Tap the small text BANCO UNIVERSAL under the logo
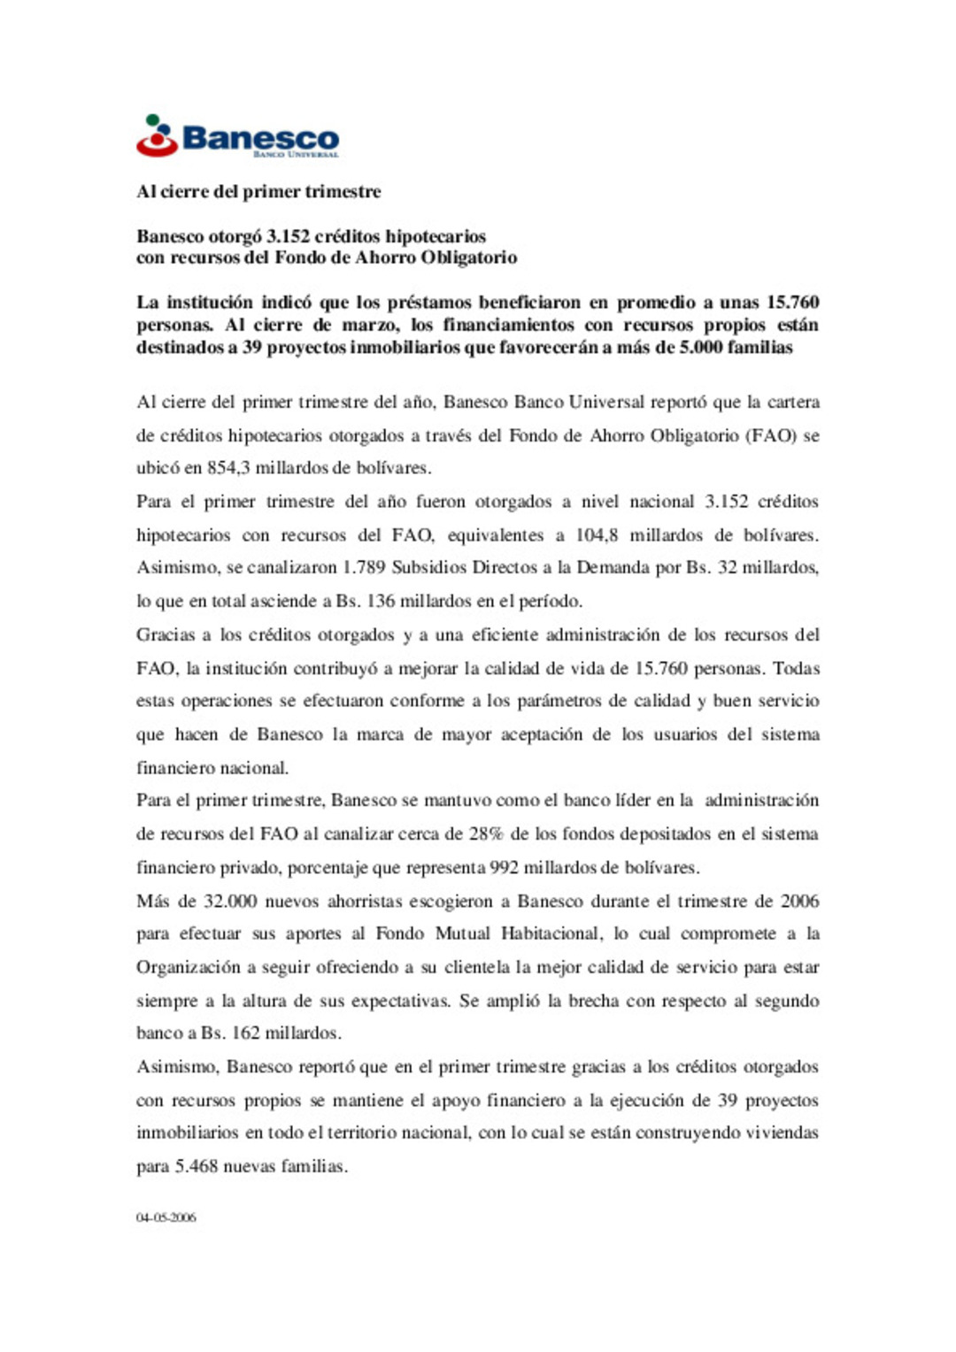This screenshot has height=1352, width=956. [296, 155]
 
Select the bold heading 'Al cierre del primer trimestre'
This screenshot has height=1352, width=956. [258, 191]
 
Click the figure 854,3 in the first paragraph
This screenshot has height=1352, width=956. [228, 468]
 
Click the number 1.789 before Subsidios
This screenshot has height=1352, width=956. [364, 567]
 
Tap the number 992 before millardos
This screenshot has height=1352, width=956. [504, 868]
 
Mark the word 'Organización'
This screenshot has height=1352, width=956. [188, 967]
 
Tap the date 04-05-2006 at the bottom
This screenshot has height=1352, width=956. [166, 1218]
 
